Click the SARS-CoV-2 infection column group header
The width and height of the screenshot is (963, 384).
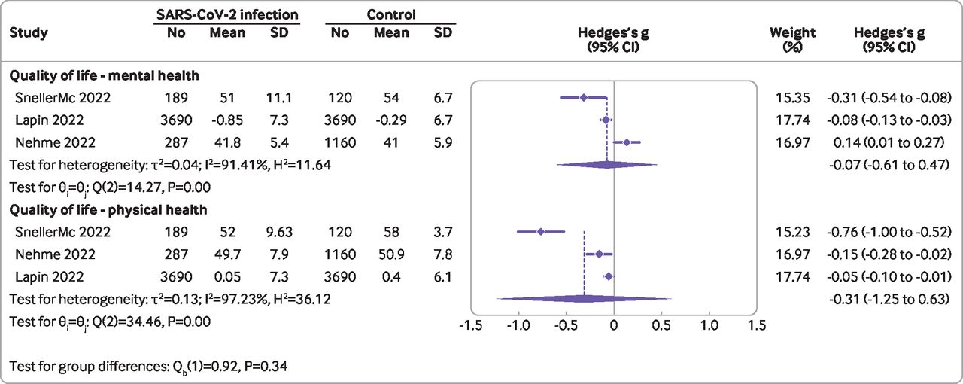[x=226, y=14]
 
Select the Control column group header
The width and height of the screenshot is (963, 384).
[x=390, y=14]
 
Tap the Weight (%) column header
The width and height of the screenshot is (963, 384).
[x=792, y=39]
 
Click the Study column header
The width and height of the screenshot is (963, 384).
[x=28, y=33]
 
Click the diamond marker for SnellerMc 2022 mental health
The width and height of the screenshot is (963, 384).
[x=584, y=97]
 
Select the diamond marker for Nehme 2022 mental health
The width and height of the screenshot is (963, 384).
[x=627, y=142]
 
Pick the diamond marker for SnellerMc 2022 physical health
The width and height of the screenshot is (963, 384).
[x=541, y=231]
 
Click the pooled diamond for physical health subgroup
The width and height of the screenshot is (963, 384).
[x=584, y=299]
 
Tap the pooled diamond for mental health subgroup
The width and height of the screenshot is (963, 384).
[x=607, y=164]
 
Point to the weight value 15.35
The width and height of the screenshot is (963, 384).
[x=792, y=97]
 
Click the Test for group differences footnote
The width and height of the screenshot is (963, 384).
[x=149, y=367]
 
